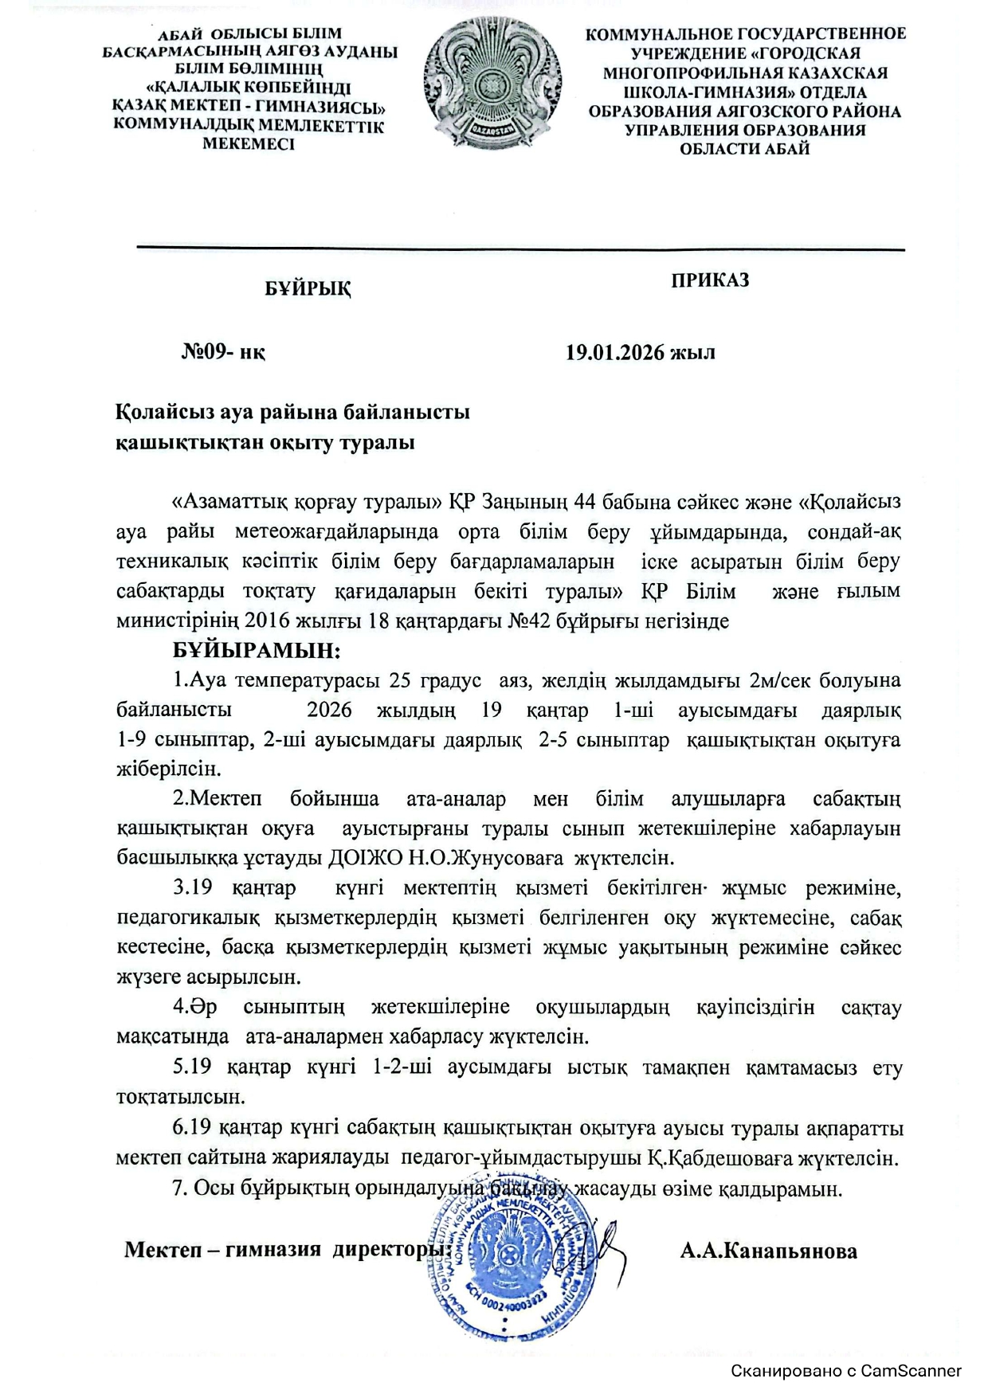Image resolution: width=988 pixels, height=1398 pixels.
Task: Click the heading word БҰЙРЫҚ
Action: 308,288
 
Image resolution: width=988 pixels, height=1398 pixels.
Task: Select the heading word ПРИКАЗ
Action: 710,280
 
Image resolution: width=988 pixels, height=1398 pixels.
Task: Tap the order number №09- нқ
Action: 223,352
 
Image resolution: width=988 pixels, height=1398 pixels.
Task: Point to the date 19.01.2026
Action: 614,352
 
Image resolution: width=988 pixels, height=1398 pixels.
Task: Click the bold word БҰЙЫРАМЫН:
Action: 257,651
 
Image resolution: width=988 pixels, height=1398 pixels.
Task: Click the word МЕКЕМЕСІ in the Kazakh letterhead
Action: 249,144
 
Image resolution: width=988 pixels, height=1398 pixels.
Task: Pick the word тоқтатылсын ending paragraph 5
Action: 180,1097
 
